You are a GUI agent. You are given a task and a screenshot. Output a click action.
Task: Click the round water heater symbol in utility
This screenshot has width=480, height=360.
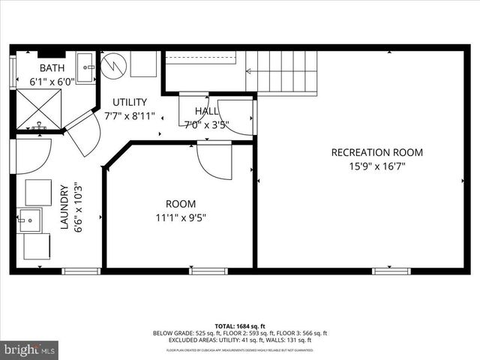click(114, 64)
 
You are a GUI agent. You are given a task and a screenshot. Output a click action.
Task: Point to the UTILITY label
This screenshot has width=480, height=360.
click(129, 102)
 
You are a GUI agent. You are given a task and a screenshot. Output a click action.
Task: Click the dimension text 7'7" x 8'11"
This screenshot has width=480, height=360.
click(129, 115)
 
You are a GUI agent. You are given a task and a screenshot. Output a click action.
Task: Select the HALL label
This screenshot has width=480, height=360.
click(206, 111)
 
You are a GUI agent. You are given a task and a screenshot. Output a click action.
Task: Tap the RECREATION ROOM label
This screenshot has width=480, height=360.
click(376, 152)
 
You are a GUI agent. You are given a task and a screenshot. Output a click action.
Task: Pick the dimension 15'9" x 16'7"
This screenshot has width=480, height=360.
click(376, 166)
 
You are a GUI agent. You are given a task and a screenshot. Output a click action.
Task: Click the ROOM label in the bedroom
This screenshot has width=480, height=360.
click(180, 203)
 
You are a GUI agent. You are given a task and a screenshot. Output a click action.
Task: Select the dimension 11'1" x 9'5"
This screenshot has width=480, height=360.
click(180, 217)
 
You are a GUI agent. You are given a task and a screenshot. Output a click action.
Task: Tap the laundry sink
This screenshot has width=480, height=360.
click(30, 221)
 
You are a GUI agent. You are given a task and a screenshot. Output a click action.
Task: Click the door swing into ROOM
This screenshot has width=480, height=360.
click(214, 160)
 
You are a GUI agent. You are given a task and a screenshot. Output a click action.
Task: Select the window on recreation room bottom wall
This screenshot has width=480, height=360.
click(391, 271)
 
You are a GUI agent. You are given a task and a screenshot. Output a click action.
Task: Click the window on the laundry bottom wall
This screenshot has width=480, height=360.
click(81, 271)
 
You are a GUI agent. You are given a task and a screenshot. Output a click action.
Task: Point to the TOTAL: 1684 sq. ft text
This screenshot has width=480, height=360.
click(240, 325)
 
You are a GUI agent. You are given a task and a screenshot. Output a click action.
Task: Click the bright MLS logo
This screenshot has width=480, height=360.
click(30, 349)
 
